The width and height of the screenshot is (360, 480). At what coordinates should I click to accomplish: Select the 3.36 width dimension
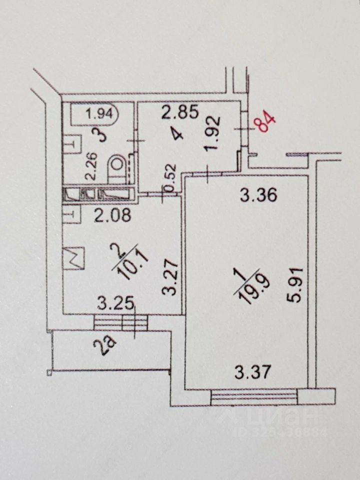point(257,196)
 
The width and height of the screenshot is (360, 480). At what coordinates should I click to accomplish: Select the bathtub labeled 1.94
point(94,114)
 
